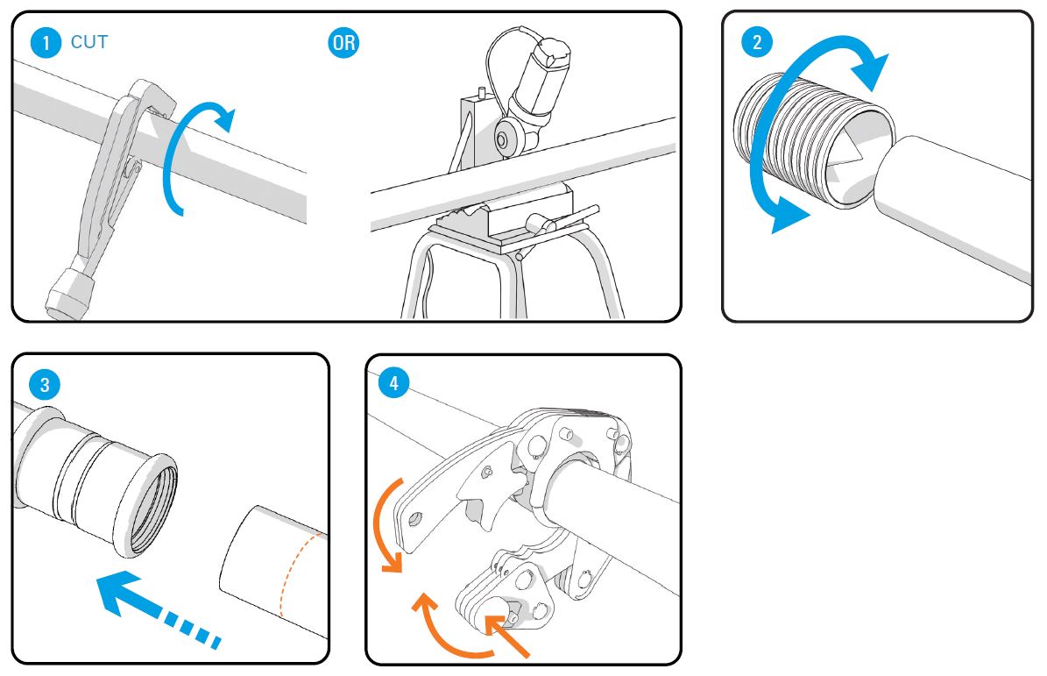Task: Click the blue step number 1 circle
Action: (43, 42)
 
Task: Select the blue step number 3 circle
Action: (43, 383)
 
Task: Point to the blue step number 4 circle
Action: (395, 383)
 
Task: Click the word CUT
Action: (89, 42)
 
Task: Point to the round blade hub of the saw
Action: (506, 138)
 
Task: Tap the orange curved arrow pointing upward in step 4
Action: (447, 636)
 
